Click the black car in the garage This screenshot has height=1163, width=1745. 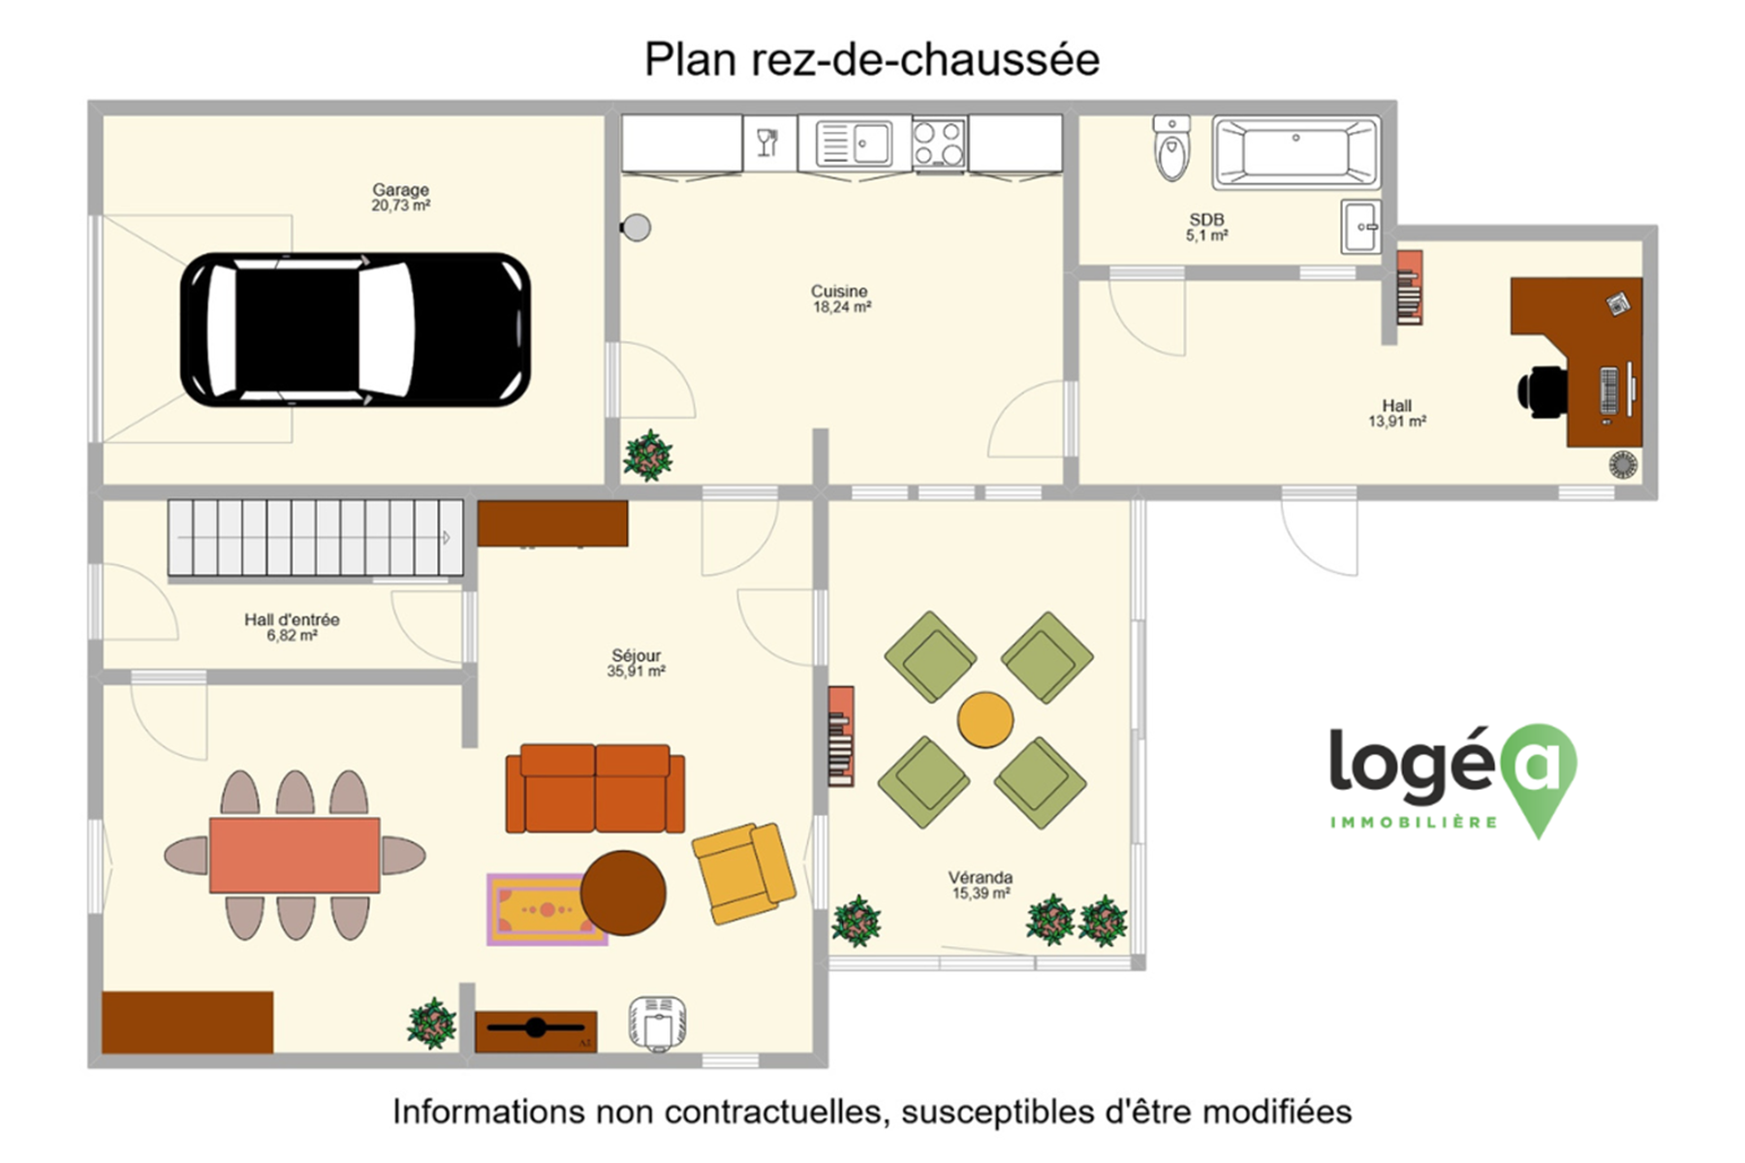tap(355, 330)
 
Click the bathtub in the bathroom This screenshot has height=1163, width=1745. tap(1296, 152)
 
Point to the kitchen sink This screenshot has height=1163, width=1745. tap(854, 144)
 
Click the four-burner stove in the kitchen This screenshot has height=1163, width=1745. tap(939, 144)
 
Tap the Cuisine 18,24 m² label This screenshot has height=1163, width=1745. tap(840, 299)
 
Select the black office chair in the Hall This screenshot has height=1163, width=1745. tap(1542, 391)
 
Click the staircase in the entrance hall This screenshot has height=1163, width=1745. tap(316, 538)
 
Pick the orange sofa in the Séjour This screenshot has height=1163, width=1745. tap(595, 788)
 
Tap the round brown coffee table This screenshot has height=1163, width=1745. tap(623, 893)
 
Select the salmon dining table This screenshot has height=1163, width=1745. tap(295, 855)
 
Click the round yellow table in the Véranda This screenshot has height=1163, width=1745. tap(985, 720)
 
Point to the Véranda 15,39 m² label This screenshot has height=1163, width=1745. tap(981, 885)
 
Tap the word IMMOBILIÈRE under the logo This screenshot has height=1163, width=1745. tap(1414, 823)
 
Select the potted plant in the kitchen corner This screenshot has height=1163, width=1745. tap(648, 456)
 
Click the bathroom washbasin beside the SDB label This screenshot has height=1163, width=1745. tap(1360, 227)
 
